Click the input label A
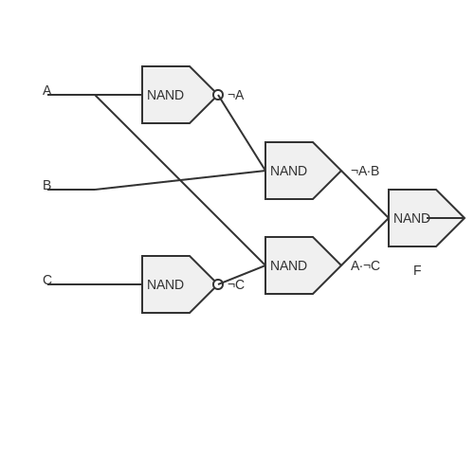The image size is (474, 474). point(46,90)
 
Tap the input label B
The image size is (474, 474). point(46,185)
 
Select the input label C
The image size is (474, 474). point(47,280)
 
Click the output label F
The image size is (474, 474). point(417,270)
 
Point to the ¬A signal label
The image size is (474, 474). point(236,95)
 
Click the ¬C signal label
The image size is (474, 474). point(236,284)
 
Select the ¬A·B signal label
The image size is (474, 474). point(365,171)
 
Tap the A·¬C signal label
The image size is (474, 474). point(365,265)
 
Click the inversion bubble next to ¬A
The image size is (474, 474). point(218,95)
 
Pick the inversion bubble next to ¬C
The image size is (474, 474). point(218,284)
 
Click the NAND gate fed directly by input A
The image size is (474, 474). point(178,95)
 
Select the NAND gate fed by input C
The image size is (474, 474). point(178,284)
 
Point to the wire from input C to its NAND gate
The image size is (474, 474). point(95,284)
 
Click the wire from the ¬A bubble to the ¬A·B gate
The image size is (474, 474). point(242,133)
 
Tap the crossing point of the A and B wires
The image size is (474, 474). point(180,180)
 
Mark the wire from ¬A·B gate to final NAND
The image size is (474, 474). point(365,194)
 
